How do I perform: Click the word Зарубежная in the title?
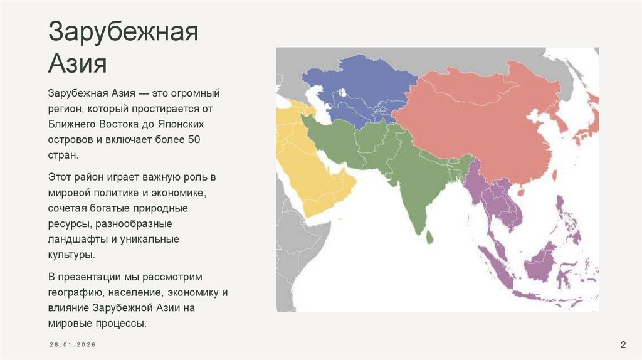(x=124, y=34)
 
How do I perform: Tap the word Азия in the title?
(x=78, y=64)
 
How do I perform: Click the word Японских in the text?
(x=182, y=124)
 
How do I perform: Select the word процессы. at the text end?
(x=120, y=324)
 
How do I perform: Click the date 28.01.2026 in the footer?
(x=73, y=346)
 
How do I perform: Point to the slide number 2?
(x=623, y=344)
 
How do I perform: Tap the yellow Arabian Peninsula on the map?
(x=313, y=169)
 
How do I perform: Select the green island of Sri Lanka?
(x=429, y=237)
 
